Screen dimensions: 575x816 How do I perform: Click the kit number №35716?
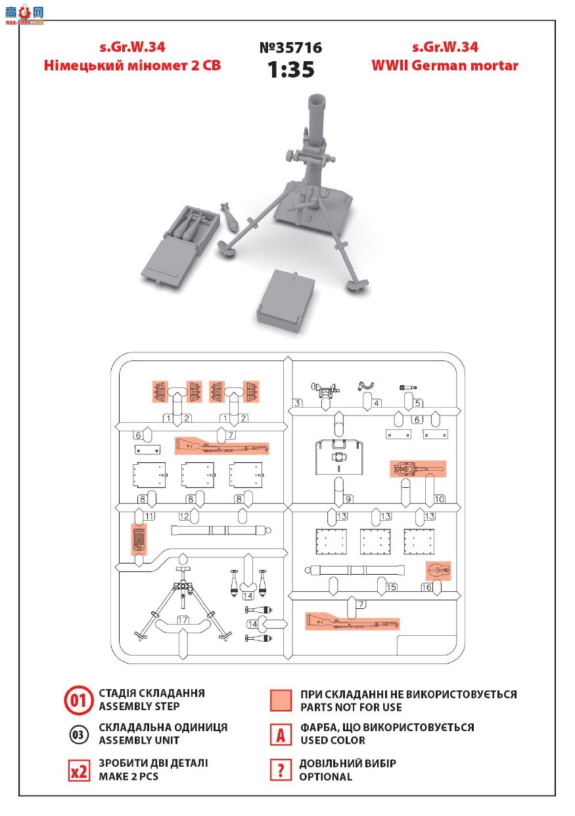(290, 48)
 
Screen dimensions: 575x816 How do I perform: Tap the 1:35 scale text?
(290, 69)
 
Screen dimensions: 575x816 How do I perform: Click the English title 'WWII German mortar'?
(445, 66)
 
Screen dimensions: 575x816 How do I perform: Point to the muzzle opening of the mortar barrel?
(316, 99)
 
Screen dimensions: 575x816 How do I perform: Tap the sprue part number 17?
(183, 619)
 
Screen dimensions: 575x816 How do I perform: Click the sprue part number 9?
(348, 499)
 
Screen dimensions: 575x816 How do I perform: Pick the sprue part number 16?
(426, 587)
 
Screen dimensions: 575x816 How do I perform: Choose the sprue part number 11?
(149, 516)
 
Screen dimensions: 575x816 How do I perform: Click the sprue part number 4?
(377, 403)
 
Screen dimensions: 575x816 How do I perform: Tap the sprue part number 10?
(440, 499)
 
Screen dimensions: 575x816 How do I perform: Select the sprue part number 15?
(392, 587)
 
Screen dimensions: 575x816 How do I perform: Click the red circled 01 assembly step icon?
(78, 700)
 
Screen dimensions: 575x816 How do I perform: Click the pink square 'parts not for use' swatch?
(281, 700)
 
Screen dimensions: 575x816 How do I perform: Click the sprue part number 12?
(184, 516)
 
